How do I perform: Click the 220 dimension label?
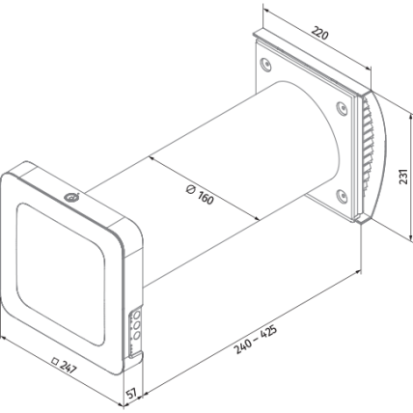pyautogui.click(x=320, y=34)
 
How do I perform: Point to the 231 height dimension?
pyautogui.click(x=404, y=177)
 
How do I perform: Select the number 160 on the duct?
pyautogui.click(x=206, y=198)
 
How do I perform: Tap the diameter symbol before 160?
pyautogui.click(x=190, y=189)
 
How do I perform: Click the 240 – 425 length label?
pyautogui.click(x=256, y=340)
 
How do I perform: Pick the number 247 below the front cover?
pyautogui.click(x=69, y=368)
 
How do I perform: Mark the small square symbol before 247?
pyautogui.click(x=55, y=361)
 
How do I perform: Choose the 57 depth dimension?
pyautogui.click(x=131, y=393)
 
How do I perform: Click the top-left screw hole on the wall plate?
pyautogui.click(x=265, y=65)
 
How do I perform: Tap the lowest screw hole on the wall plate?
pyautogui.click(x=342, y=196)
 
